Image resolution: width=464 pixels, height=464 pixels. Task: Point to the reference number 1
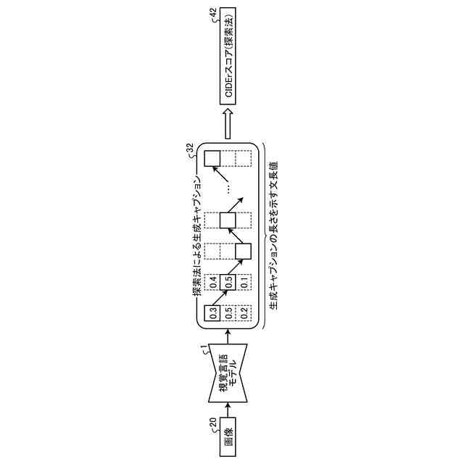(x=206, y=350)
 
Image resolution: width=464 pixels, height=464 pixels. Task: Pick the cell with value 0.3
(x=212, y=313)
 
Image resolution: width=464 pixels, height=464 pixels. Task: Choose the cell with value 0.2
(x=244, y=313)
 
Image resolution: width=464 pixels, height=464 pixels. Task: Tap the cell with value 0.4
(x=212, y=282)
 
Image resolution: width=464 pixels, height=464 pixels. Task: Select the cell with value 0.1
(x=244, y=282)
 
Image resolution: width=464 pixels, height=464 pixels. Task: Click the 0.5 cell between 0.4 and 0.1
(x=228, y=282)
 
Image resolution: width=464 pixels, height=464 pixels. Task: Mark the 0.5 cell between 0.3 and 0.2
(x=228, y=313)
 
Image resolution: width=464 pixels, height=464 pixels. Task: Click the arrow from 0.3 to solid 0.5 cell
(x=220, y=298)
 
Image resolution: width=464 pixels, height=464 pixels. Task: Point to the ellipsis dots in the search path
(x=228, y=188)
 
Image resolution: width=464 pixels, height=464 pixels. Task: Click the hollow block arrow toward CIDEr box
(x=228, y=124)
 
